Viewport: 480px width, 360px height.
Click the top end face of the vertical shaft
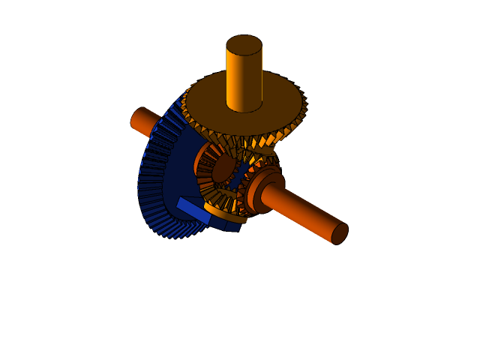[244, 44]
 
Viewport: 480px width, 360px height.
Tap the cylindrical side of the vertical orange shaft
[244, 79]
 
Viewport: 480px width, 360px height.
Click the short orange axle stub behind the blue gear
[142, 120]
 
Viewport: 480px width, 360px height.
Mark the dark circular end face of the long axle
[339, 233]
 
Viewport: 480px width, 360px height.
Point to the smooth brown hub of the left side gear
[223, 169]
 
